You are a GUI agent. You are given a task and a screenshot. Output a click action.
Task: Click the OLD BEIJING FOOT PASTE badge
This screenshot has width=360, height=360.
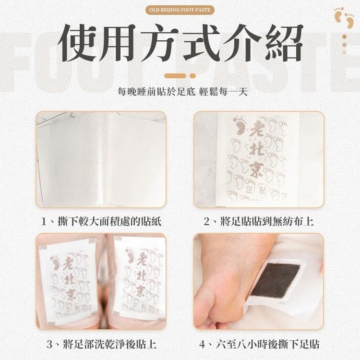pyautogui.click(x=180, y=9)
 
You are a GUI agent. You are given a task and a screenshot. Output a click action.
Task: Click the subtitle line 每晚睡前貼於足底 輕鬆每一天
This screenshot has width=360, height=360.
pyautogui.click(x=180, y=91)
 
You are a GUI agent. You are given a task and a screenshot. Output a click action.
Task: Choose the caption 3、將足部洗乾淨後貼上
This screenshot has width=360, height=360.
pyautogui.click(x=101, y=344)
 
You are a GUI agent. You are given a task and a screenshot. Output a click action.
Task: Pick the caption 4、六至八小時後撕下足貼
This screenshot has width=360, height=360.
pyautogui.click(x=259, y=344)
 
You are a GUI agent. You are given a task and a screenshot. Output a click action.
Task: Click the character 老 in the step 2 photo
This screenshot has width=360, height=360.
pyautogui.click(x=258, y=128)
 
